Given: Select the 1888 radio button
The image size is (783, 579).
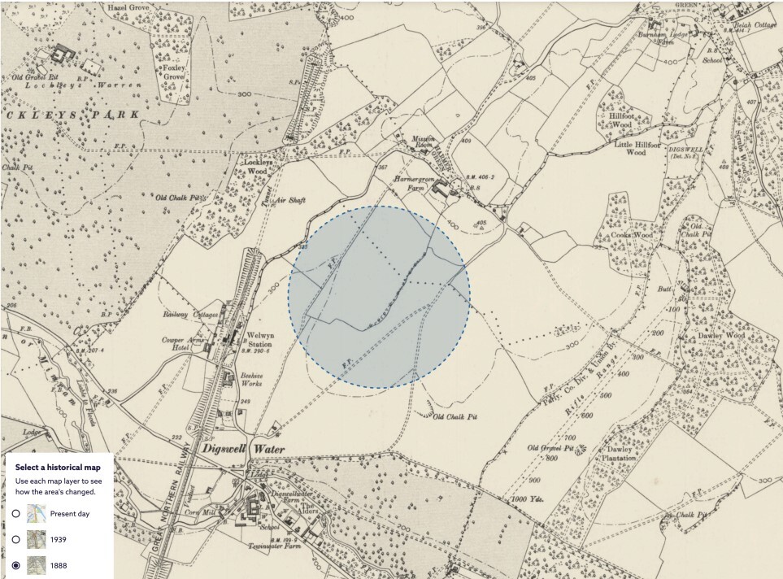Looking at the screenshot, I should pyautogui.click(x=15, y=565).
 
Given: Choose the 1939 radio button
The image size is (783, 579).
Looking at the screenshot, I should pyautogui.click(x=15, y=539).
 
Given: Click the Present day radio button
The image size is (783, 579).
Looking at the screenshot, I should pyautogui.click(x=15, y=513).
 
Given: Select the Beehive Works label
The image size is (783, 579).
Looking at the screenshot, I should pyautogui.click(x=254, y=381).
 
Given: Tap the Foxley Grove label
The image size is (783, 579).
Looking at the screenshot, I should pyautogui.click(x=174, y=70).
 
